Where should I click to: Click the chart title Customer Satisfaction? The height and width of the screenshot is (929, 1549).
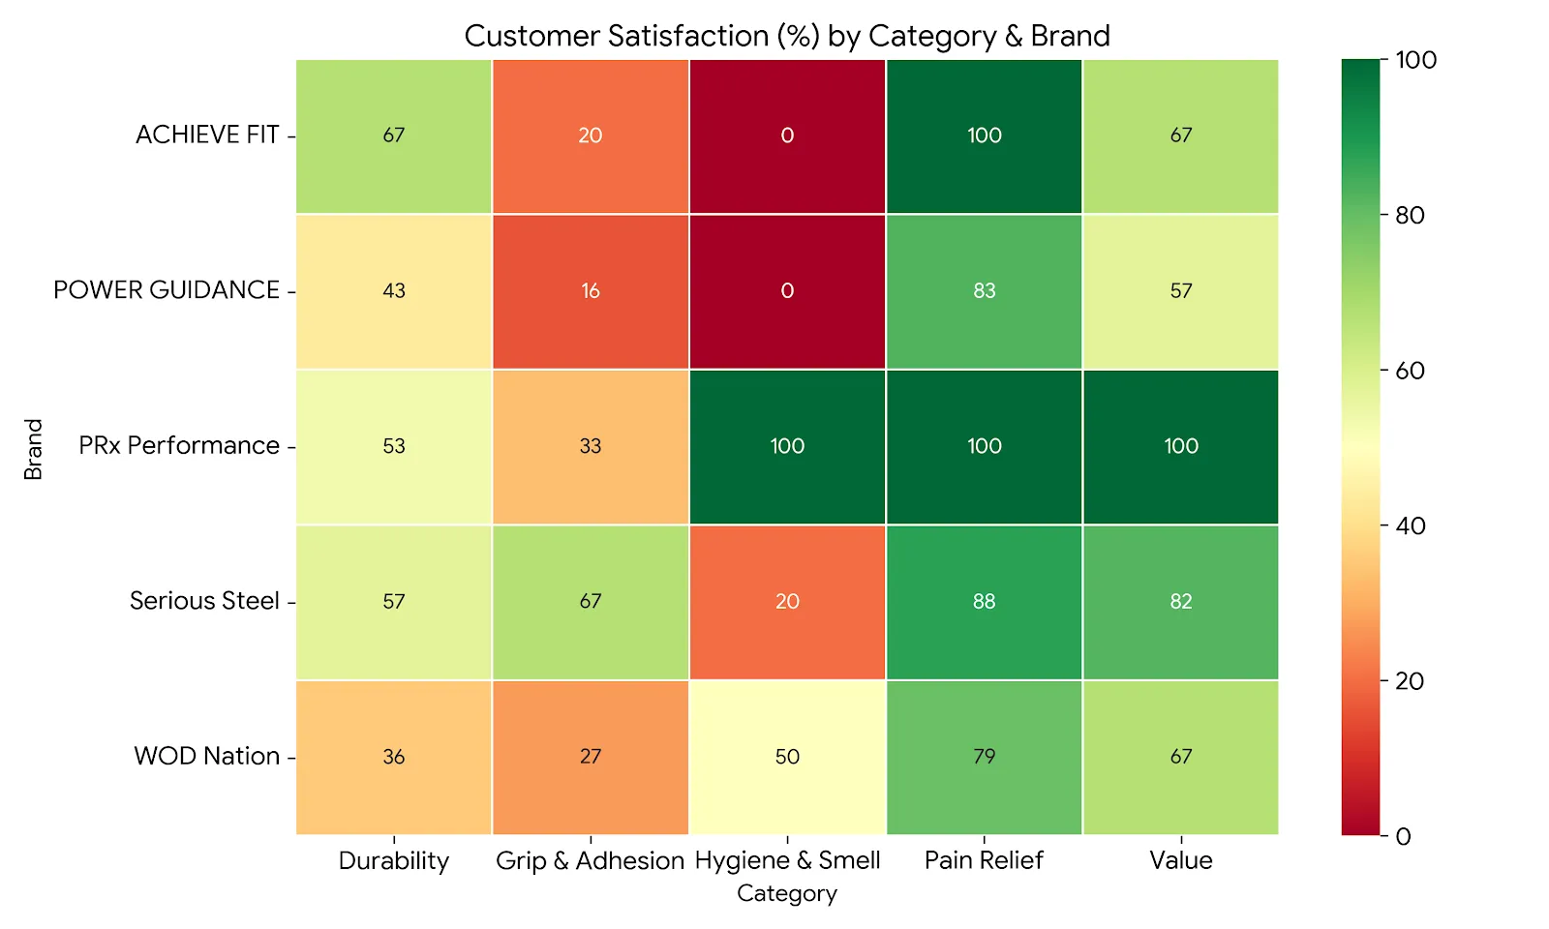coord(786,36)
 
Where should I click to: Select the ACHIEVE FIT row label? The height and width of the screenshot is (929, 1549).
coord(207,135)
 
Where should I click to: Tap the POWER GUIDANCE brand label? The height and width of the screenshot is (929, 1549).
coord(167,290)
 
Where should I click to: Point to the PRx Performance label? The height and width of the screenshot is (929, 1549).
coord(179,446)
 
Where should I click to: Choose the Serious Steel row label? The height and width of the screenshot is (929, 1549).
coord(204,601)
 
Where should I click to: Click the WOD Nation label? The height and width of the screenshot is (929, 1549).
coord(206,757)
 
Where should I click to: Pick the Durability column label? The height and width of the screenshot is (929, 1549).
coord(394,860)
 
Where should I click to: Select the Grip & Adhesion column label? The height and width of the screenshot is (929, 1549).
coord(590,860)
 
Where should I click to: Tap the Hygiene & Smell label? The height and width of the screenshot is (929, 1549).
coord(787,860)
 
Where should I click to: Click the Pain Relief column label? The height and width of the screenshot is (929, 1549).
coord(984,860)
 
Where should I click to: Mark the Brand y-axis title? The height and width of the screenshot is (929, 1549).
coord(34,449)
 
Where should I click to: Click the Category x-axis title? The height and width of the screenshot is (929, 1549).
coord(786,893)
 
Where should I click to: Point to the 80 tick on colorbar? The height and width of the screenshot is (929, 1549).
coord(1410,216)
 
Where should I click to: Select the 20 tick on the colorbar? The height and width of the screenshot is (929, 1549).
coord(1410,681)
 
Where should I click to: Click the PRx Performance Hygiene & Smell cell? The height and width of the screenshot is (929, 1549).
coord(787,446)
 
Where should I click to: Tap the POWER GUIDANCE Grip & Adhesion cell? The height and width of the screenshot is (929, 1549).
coord(591,290)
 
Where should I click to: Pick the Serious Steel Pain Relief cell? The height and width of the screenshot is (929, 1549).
coord(984,601)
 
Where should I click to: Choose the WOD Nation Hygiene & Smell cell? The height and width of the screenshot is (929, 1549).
coord(787,757)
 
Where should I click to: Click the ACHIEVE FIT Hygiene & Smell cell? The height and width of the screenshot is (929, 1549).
coord(787,135)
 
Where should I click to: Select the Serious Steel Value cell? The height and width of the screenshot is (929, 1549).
coord(1180,601)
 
